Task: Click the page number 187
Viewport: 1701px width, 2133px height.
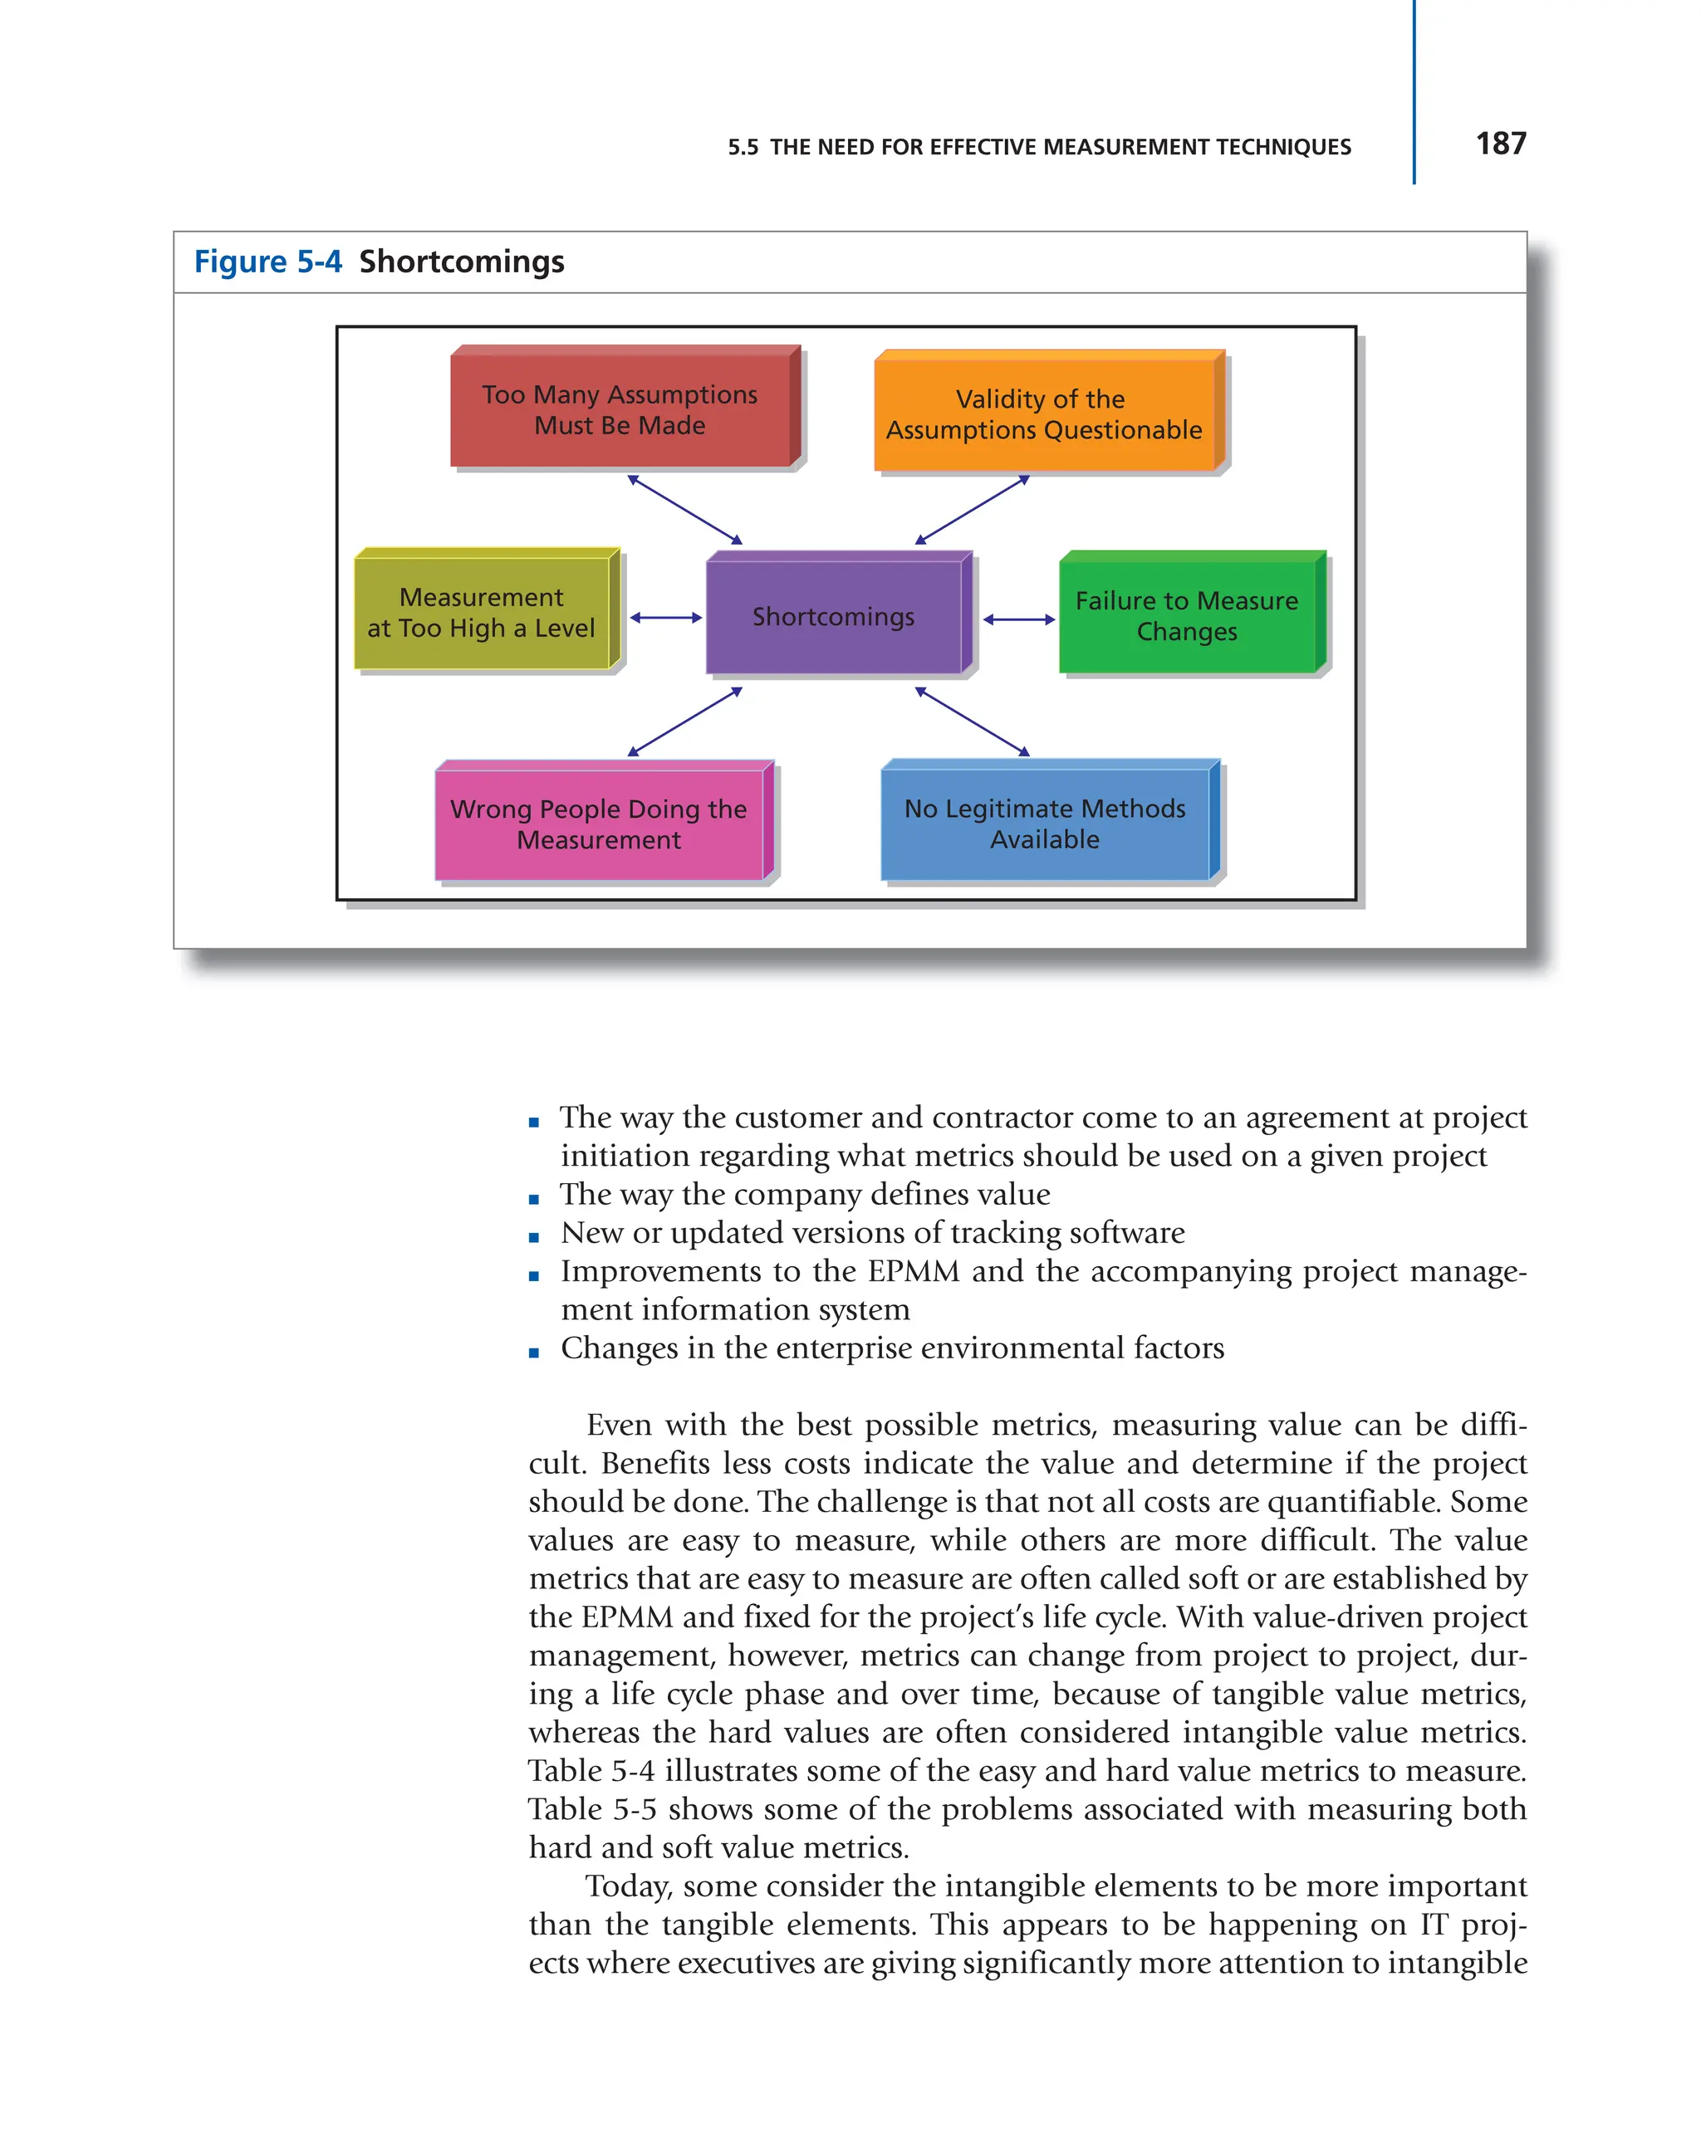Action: (1499, 144)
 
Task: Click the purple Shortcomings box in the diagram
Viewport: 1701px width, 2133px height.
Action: (833, 616)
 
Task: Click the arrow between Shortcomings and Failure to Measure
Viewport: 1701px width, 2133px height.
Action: (1018, 620)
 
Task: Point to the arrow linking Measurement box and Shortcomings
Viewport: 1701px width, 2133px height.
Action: (665, 619)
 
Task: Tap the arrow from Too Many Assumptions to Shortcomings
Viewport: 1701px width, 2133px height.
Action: (684, 510)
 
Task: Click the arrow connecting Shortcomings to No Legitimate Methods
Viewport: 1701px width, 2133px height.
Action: (972, 722)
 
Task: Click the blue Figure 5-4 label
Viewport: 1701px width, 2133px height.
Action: (267, 262)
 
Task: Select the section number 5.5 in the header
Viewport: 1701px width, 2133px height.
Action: (743, 148)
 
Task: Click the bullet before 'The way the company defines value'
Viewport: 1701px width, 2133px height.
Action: (534, 1200)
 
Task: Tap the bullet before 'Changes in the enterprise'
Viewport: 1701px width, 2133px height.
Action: (534, 1353)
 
